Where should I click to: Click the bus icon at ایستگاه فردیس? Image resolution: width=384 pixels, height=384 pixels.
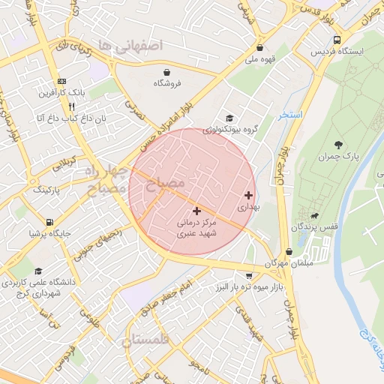337,39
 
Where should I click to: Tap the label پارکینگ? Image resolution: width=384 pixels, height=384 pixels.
48,190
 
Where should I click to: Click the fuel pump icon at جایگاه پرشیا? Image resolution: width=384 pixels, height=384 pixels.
49,222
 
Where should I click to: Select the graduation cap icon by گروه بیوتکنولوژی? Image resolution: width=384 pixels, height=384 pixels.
229,118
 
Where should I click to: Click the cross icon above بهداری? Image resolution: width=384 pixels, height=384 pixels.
248,195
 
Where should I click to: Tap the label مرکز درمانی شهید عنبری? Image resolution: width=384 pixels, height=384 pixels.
196,229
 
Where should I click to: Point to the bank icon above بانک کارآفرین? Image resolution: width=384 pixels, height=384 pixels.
61,81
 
